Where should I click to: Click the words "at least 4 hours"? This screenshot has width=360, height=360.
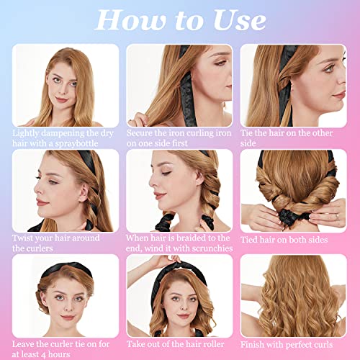[45, 354]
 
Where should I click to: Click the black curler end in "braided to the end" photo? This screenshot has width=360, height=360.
[167, 220]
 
